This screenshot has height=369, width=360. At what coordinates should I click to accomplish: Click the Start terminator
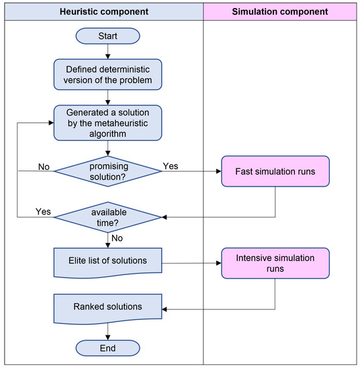pos(107,36)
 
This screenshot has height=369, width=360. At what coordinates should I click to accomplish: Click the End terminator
pos(107,348)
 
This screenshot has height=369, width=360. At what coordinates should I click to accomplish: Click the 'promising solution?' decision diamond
pos(107,172)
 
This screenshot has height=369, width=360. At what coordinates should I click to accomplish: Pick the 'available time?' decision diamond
pos(107,217)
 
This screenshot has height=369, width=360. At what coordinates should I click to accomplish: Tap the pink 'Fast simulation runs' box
pos(275,172)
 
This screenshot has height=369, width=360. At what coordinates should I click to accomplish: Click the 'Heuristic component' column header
pos(102,11)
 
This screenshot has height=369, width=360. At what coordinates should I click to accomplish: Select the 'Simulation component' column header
pos(281,11)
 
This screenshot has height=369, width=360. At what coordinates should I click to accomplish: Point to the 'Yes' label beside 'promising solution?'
pos(171,166)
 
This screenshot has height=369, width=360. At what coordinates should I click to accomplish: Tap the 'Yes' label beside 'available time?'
pos(43,211)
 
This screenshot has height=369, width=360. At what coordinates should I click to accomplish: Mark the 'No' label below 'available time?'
pos(117,237)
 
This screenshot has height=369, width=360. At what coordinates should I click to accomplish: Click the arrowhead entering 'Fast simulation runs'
pos(218,172)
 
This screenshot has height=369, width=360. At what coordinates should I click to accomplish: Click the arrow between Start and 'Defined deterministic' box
pos(107,51)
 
